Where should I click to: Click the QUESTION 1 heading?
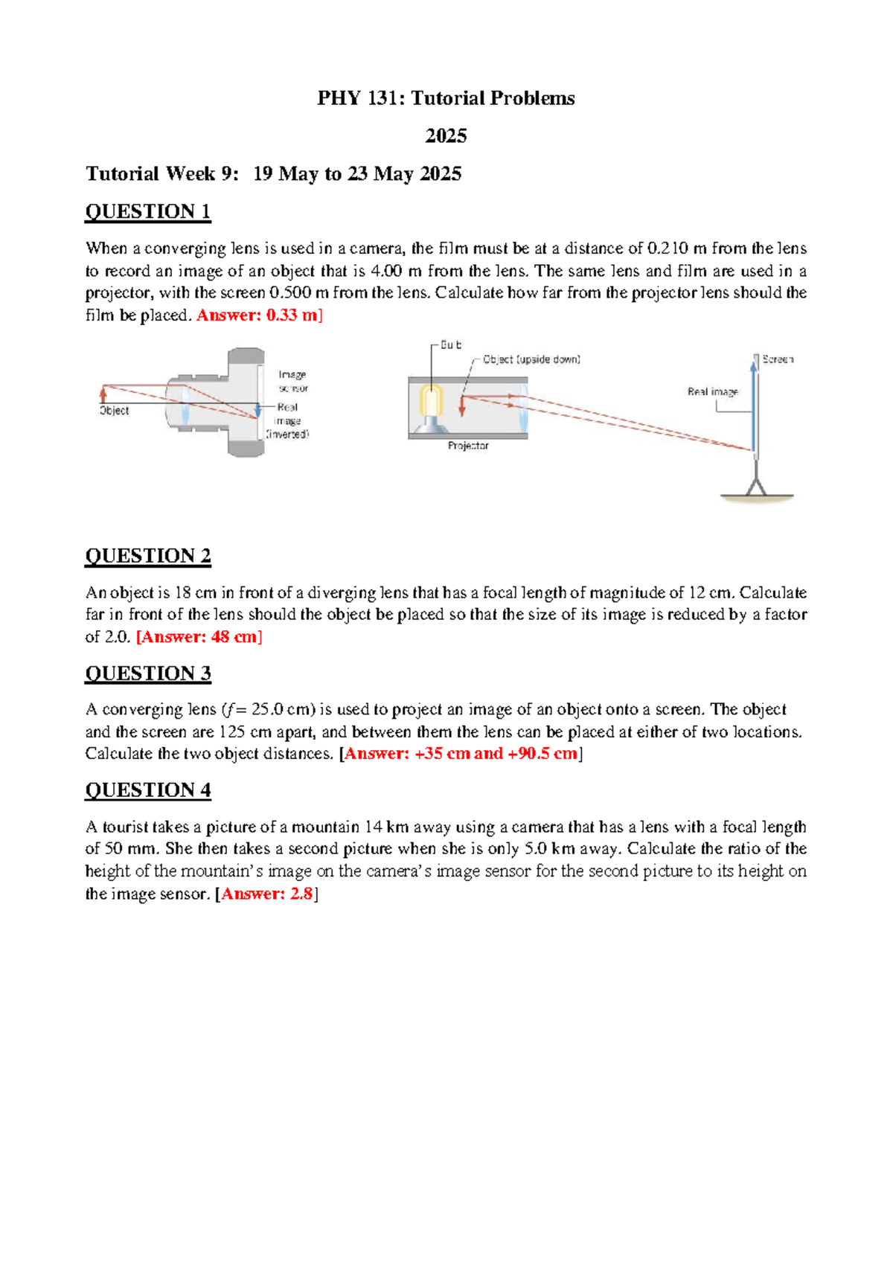coord(147,212)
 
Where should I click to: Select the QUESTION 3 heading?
coord(147,673)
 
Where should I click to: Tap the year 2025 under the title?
coord(446,136)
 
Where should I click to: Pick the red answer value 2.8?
coord(301,894)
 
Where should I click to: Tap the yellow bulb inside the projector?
coord(431,402)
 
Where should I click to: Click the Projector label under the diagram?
coord(468,446)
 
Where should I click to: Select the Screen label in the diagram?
coord(778,359)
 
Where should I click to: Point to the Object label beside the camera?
coord(114,411)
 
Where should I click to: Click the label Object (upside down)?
coord(531,359)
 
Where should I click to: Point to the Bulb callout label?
coord(450,345)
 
